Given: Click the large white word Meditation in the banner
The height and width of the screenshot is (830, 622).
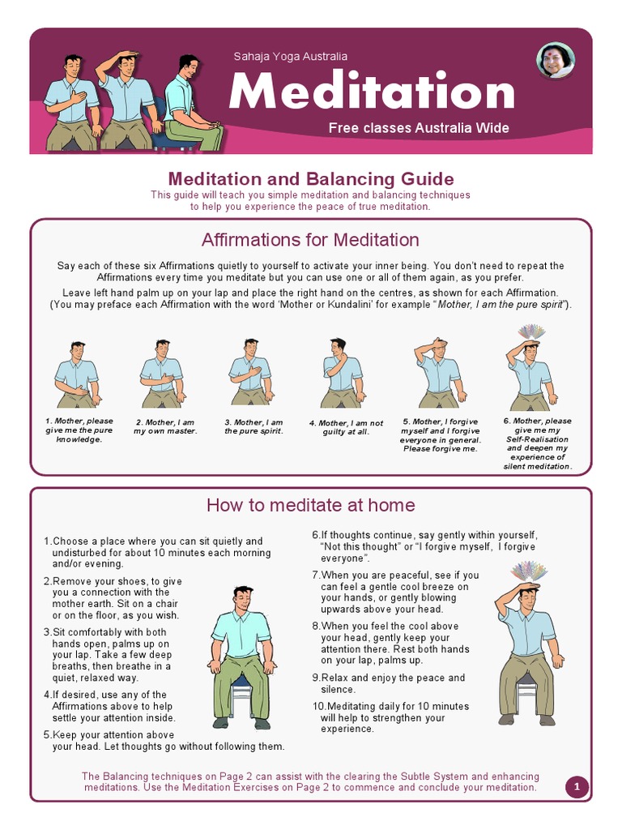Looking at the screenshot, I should click(x=372, y=92).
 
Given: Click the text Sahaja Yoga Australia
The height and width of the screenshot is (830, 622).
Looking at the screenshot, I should click(x=290, y=57).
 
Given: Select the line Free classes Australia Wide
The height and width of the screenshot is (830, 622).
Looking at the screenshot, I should click(x=418, y=128).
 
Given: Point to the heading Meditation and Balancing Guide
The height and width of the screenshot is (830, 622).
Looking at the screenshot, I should click(x=310, y=179).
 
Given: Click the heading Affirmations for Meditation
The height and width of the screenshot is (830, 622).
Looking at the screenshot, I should click(x=310, y=240).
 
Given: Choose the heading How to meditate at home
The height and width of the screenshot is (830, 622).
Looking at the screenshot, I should click(x=310, y=506).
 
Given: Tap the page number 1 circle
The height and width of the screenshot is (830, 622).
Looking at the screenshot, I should click(x=576, y=787).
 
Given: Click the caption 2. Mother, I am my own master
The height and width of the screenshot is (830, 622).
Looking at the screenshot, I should click(x=164, y=427).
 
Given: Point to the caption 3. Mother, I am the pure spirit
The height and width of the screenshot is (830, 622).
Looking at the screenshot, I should click(x=253, y=427).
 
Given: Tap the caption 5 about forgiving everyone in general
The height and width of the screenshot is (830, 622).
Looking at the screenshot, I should click(x=440, y=435).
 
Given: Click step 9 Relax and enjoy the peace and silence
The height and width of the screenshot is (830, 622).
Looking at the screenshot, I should click(x=389, y=683).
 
